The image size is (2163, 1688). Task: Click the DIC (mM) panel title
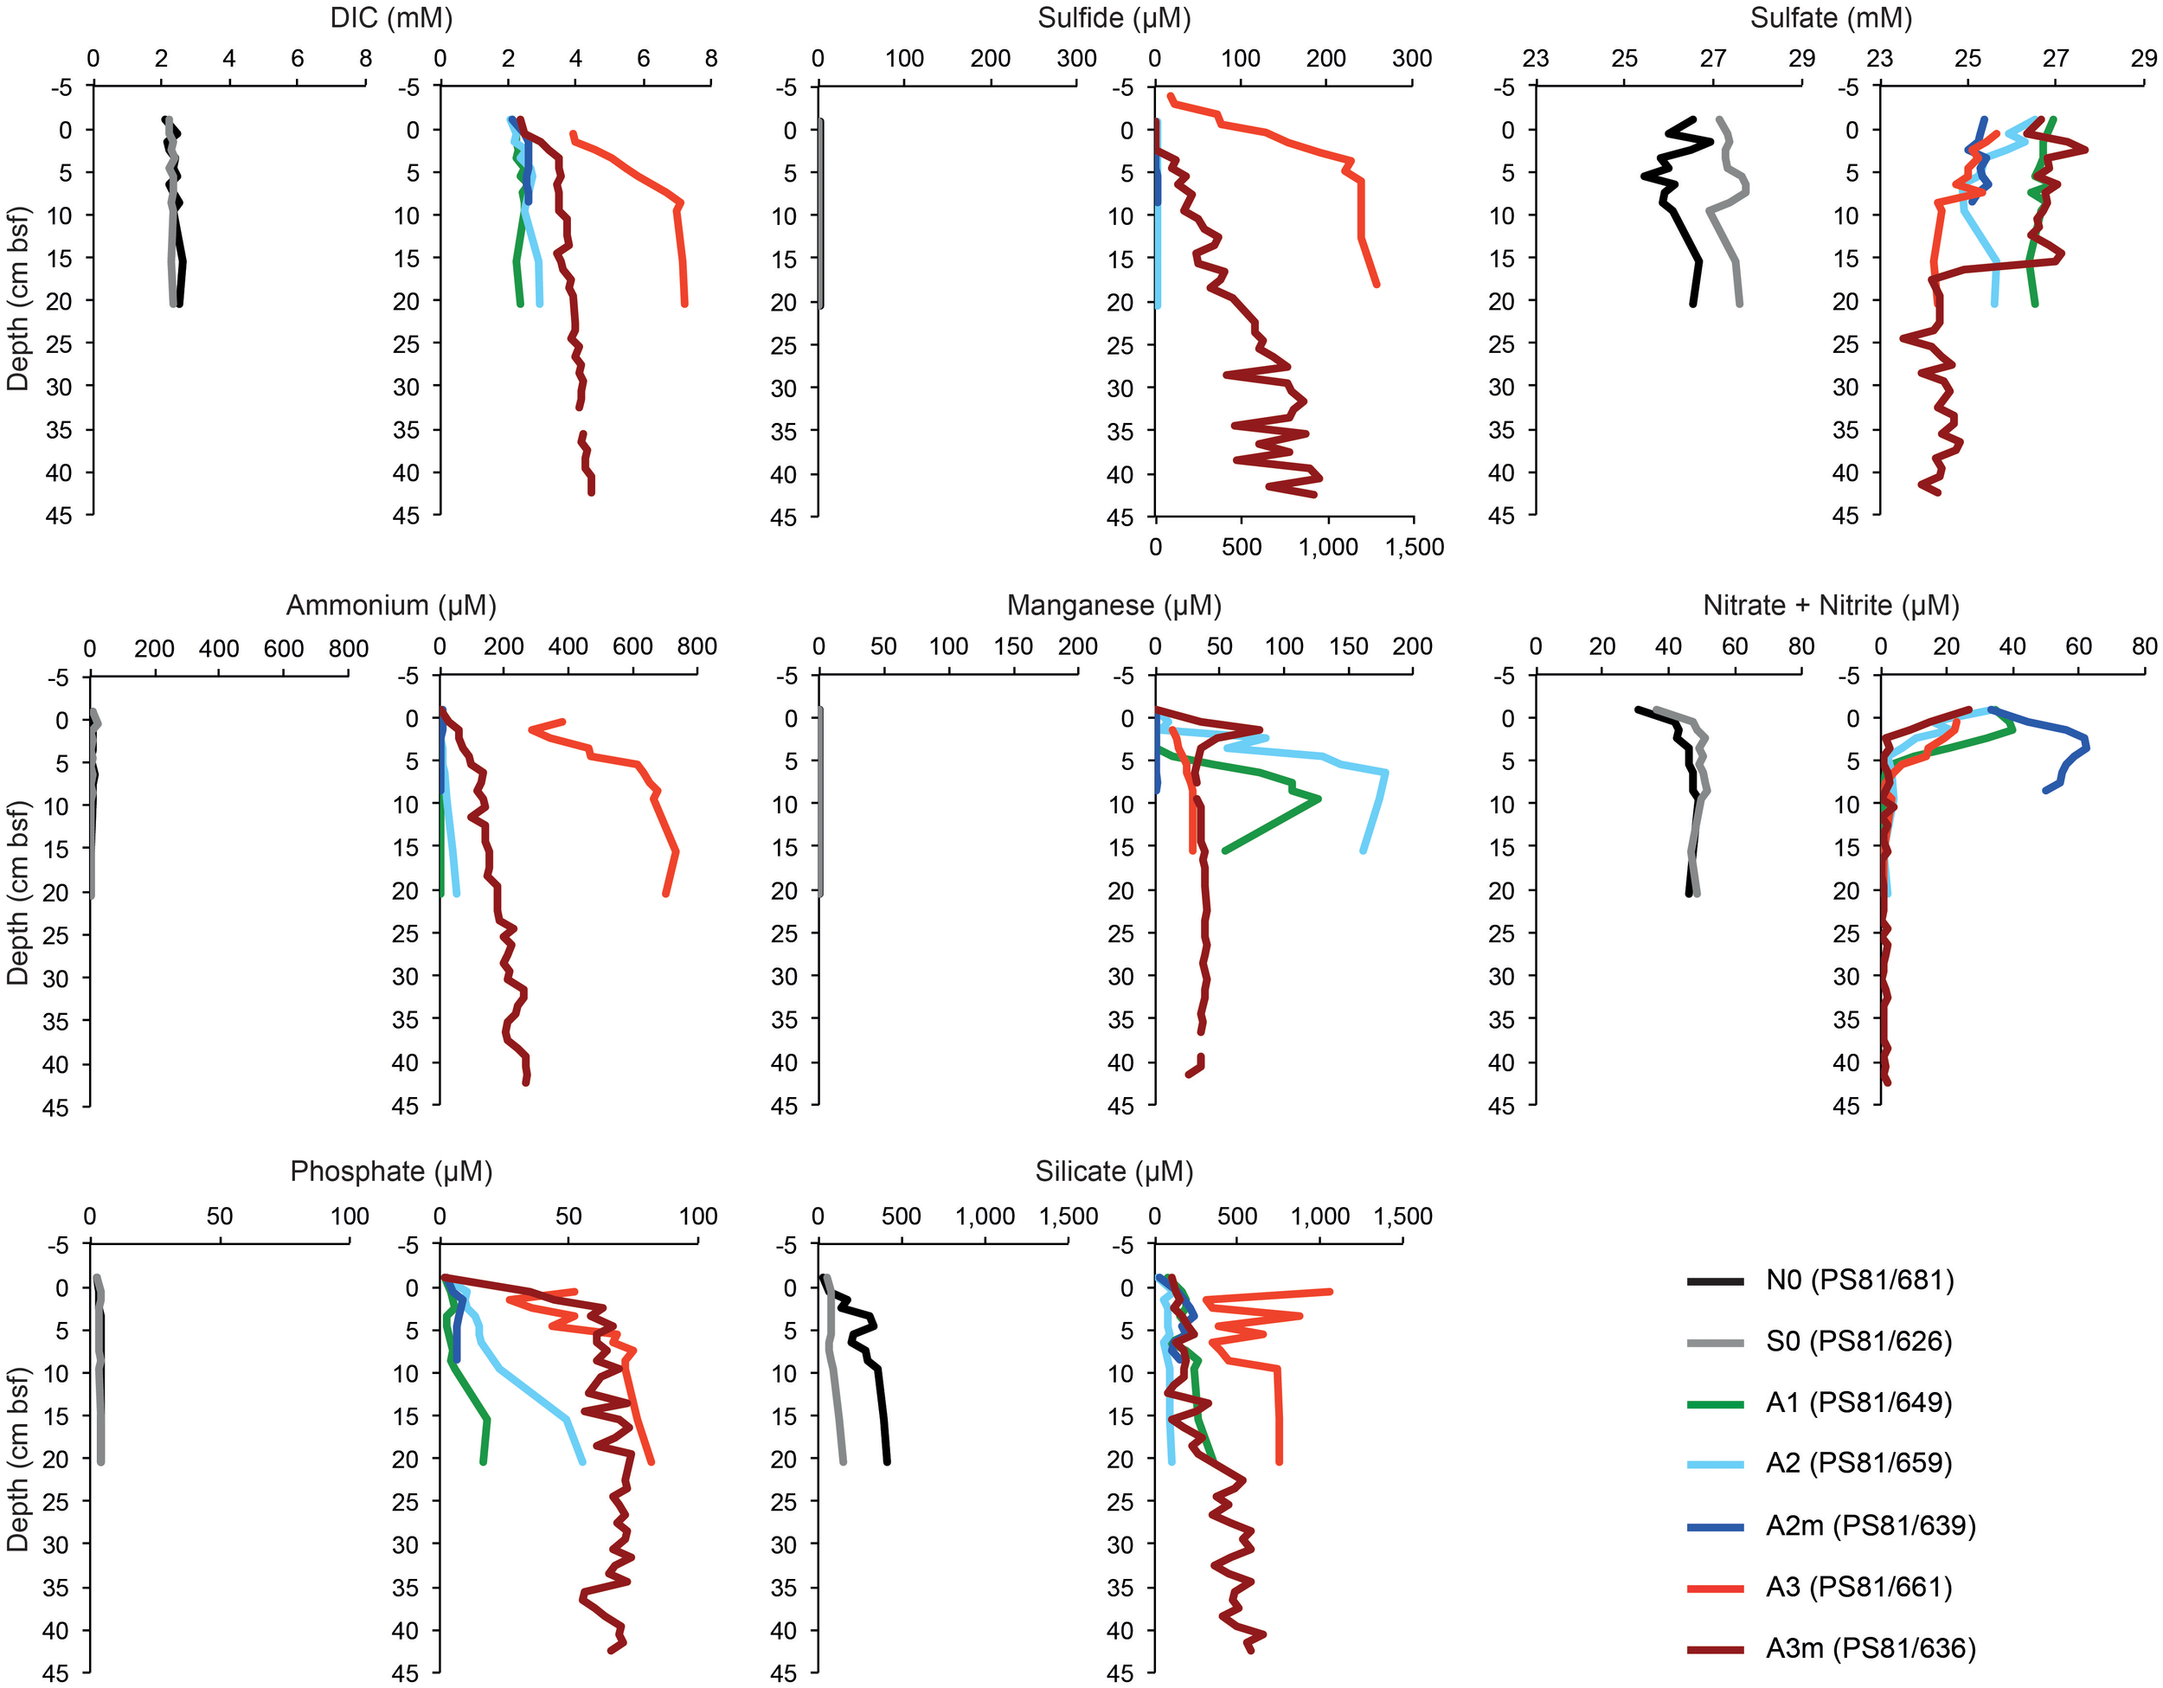(x=391, y=18)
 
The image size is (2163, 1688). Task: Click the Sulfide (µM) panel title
(x=1114, y=18)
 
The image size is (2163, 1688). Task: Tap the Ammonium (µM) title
(x=391, y=606)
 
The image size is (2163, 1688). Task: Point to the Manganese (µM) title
(x=1114, y=606)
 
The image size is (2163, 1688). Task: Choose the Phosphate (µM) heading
(x=391, y=1171)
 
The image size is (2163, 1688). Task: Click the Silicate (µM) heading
(x=1114, y=1171)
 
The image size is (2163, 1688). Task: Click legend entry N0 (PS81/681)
(x=1859, y=1280)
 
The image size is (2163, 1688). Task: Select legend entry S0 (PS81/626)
(x=1859, y=1342)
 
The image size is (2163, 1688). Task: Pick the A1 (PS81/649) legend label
(x=1859, y=1403)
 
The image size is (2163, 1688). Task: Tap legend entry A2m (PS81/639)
(x=1870, y=1525)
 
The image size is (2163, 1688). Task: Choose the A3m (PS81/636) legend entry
(x=1870, y=1648)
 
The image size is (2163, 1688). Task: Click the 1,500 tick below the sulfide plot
(x=1413, y=548)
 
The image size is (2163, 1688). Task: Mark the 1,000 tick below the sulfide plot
(x=1328, y=548)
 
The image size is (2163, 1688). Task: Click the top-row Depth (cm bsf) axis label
(x=18, y=299)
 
